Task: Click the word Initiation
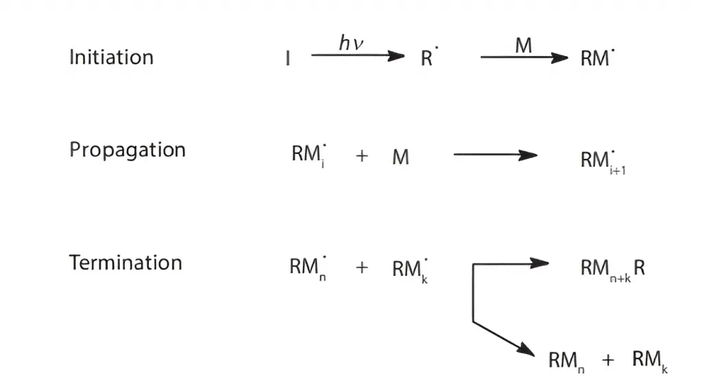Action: tap(111, 57)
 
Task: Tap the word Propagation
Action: tap(127, 150)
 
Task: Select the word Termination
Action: tap(125, 262)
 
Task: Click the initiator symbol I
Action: tap(288, 58)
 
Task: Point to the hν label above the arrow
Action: tap(351, 43)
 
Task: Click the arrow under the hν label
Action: tap(358, 55)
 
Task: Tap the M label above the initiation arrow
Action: tap(523, 45)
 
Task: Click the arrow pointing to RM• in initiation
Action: tap(524, 57)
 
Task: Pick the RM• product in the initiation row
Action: tap(597, 57)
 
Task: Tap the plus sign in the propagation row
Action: tap(362, 156)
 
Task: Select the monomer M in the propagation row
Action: tap(400, 157)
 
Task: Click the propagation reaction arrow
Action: tap(496, 155)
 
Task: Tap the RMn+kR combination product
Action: tap(612, 270)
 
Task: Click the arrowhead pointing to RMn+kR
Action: tap(540, 263)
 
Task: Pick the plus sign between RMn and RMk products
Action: tap(608, 359)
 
